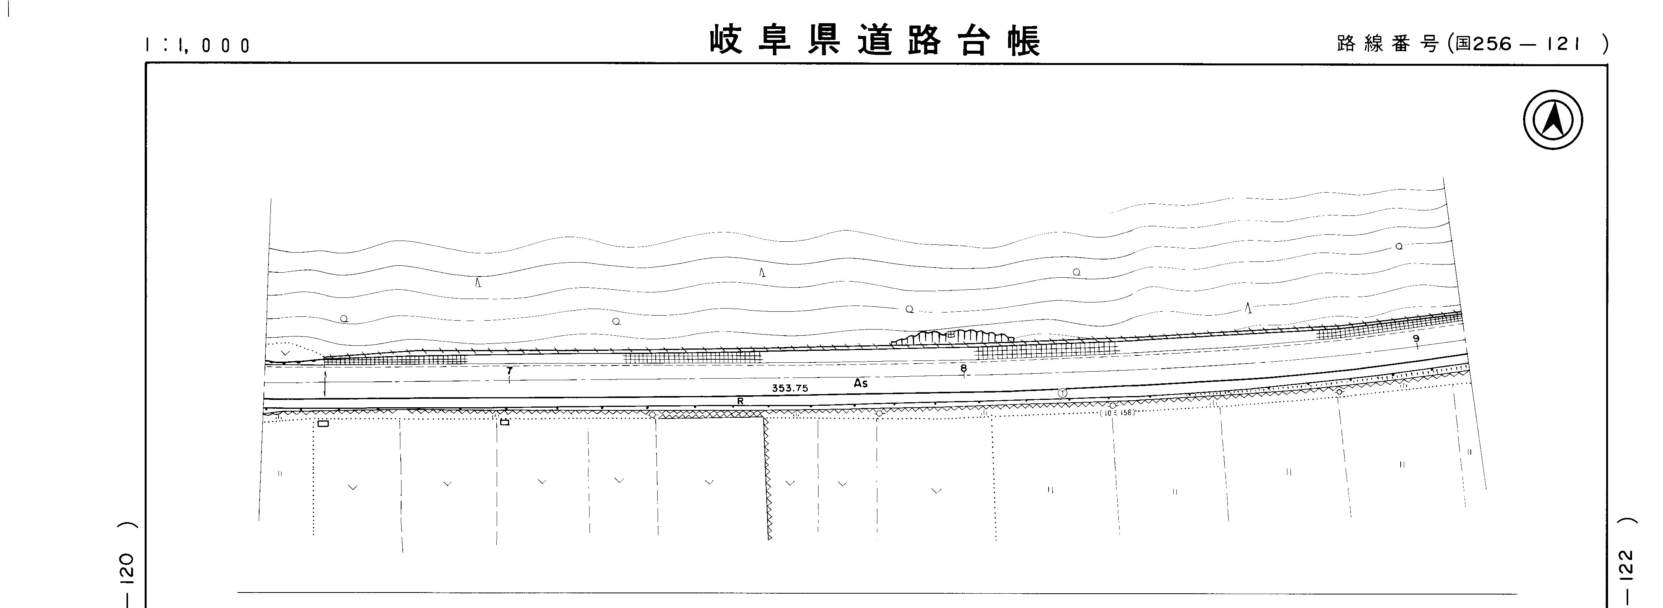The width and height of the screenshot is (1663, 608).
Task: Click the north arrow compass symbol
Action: point(1553,120)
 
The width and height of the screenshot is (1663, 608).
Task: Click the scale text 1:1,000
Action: point(198,45)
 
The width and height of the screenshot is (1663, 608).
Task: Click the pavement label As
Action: point(861,383)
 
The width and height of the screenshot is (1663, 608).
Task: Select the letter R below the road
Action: point(740,401)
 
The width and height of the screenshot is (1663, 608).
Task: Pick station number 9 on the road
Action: point(1416,338)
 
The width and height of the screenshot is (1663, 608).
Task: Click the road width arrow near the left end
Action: point(325,383)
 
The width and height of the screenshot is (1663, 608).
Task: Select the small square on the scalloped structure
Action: point(951,334)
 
